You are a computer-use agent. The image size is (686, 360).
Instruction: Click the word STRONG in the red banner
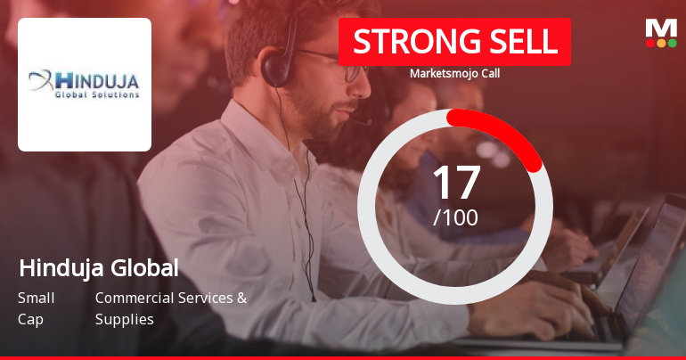[x=405, y=42]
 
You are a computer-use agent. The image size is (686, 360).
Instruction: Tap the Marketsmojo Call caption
[x=454, y=74]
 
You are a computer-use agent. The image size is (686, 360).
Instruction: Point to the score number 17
[x=455, y=183]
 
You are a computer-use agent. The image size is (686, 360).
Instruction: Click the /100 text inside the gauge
[x=455, y=217]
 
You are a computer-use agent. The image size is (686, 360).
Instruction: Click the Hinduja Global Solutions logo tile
[x=85, y=85]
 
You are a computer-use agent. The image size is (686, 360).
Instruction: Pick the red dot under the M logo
[x=650, y=42]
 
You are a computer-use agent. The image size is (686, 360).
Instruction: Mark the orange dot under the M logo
[x=661, y=42]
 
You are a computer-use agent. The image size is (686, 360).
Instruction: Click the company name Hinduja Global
[x=98, y=267]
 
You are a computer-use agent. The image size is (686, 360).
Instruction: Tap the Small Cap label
[x=36, y=308]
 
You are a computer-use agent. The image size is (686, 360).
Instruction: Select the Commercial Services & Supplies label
[x=170, y=308]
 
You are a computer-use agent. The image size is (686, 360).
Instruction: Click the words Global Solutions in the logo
[x=97, y=94]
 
